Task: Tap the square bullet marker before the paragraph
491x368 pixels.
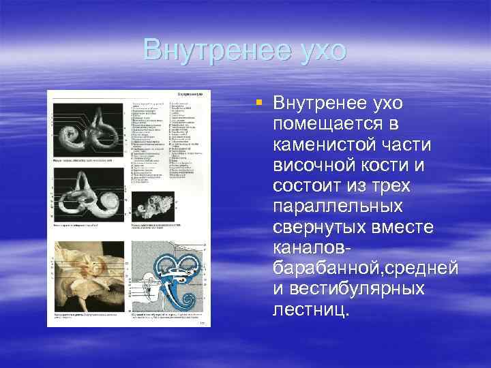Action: click(258, 102)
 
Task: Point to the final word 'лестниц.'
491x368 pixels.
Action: click(310, 309)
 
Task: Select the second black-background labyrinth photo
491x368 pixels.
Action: click(89, 198)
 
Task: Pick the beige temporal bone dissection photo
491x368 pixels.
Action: click(89, 277)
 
